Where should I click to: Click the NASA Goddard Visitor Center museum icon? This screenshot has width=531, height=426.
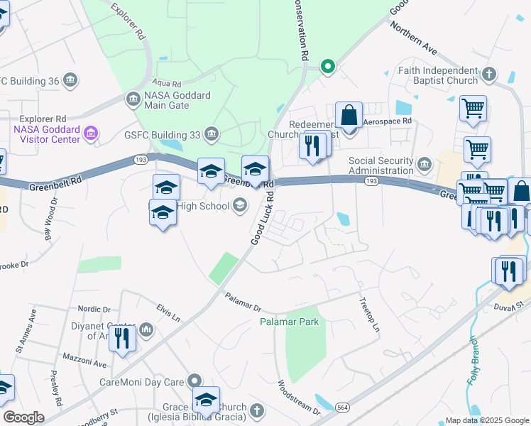90,132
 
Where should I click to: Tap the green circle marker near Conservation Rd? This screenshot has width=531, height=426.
327,67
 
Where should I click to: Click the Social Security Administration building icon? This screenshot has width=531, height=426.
425,165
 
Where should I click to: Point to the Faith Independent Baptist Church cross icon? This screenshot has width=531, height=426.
488,73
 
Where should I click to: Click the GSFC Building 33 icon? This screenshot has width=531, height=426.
211,133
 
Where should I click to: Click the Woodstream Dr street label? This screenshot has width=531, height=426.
298,396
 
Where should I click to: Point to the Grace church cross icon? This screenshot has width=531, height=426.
256,410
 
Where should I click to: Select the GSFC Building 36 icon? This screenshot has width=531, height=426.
70,80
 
